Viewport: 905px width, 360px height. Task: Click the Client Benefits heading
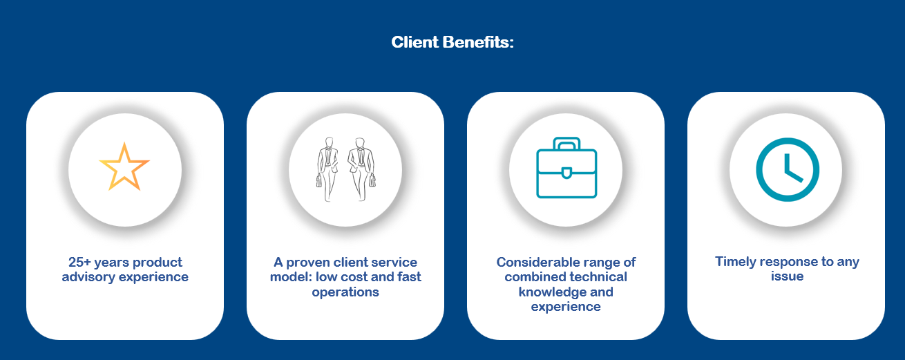(452, 42)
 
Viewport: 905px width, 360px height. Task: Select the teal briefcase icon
(566, 168)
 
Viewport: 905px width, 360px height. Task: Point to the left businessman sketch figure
(327, 169)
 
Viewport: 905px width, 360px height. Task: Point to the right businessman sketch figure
(361, 169)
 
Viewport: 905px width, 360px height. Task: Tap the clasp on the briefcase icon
(566, 173)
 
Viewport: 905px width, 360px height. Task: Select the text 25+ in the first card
(79, 262)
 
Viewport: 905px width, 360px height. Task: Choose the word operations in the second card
(345, 292)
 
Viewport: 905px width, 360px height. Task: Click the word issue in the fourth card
(787, 276)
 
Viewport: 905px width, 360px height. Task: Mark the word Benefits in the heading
(478, 42)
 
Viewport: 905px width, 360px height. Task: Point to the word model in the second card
(290, 277)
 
